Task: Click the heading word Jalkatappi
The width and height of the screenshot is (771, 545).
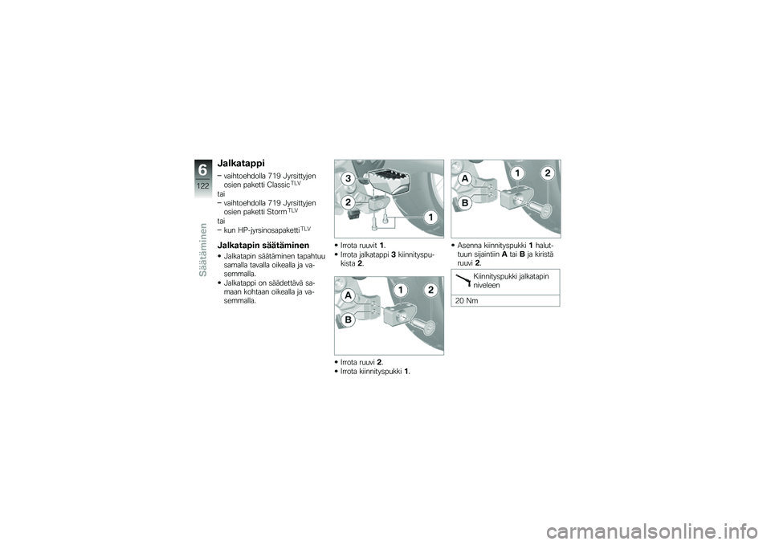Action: point(241,163)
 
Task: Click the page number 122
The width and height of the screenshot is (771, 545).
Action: point(203,185)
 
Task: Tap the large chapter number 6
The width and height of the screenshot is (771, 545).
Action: point(203,170)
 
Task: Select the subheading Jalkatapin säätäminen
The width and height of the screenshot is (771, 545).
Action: point(263,245)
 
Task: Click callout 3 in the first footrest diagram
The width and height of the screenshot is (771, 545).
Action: point(348,179)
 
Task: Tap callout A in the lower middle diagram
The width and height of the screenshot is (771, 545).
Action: point(348,295)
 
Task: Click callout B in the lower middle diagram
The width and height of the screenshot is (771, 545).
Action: point(348,320)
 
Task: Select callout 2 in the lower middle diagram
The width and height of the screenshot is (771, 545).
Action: point(430,290)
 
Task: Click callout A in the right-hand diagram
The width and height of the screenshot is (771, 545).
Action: point(465,179)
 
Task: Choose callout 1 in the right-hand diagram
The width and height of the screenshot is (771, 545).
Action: point(517,173)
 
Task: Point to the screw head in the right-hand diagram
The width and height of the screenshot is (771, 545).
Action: point(545,212)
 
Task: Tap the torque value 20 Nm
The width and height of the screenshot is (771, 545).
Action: point(467,301)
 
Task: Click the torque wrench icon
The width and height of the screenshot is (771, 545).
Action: point(463,281)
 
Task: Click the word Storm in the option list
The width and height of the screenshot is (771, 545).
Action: point(275,212)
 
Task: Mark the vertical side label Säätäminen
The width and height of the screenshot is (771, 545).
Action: point(203,250)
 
